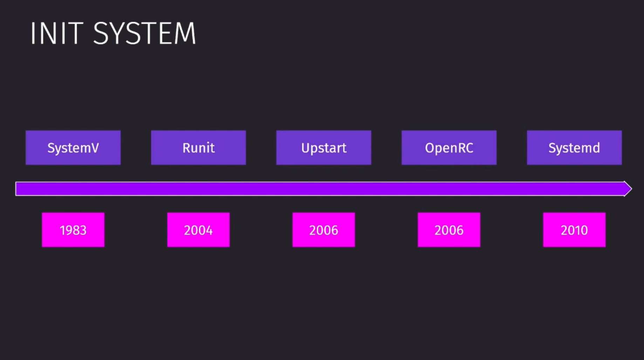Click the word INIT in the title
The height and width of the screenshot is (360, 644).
[x=57, y=33]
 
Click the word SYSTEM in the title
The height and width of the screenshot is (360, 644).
[x=144, y=33]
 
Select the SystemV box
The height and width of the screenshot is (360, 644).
[x=73, y=147]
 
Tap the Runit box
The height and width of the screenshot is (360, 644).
[x=198, y=147]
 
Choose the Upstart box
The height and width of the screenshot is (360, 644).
[x=324, y=147]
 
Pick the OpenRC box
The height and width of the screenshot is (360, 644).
[x=449, y=147]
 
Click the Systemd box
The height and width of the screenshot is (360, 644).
[x=574, y=147]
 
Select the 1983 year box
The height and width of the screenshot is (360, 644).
[x=73, y=230]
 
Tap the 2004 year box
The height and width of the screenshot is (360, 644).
[x=198, y=230]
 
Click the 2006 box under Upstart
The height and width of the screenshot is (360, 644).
[x=324, y=230]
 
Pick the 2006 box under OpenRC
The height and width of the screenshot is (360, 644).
[x=449, y=230]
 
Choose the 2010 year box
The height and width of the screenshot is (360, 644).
[x=574, y=230]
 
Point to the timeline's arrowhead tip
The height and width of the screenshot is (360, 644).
[x=631, y=189]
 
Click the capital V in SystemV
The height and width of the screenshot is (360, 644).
[x=95, y=148]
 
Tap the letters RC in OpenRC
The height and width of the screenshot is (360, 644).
[x=465, y=148]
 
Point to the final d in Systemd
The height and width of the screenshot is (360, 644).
[x=596, y=147]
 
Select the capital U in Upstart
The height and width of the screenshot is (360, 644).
[x=305, y=148]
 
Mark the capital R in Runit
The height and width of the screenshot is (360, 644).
[x=186, y=148]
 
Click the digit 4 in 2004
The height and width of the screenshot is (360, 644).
[x=209, y=230]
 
